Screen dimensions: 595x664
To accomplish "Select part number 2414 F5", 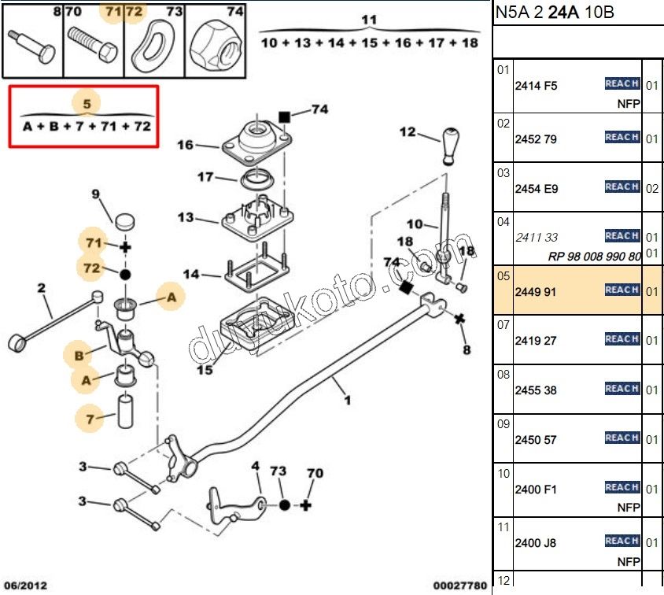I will point(535,86).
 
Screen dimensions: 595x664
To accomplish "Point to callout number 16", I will point(185,145).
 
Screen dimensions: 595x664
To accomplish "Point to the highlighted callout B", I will point(79,356).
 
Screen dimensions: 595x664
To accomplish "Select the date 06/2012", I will point(26,585).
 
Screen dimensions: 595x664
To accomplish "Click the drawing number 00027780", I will point(459,585).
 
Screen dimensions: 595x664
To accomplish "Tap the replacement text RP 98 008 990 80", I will point(594,257).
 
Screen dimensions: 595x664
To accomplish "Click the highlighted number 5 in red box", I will point(87,103).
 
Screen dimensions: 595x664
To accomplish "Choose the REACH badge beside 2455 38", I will point(622,389).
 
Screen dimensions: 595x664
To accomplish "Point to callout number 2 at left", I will point(41,288).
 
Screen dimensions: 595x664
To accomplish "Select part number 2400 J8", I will point(535,542).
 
